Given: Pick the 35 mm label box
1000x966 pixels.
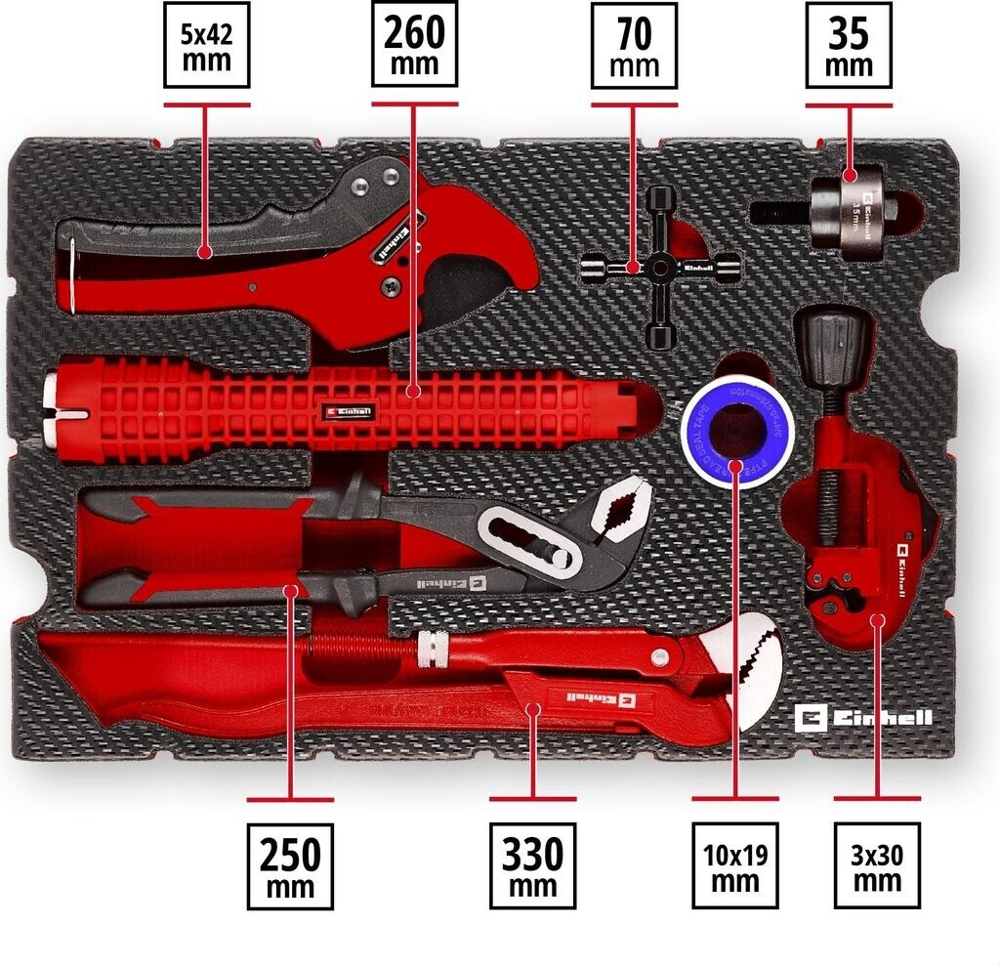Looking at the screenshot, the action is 848,45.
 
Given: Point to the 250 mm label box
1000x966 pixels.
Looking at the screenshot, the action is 290,865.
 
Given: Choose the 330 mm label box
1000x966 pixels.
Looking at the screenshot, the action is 532,865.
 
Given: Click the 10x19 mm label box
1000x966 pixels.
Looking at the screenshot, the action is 734,865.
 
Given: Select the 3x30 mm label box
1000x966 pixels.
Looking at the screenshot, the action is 876,865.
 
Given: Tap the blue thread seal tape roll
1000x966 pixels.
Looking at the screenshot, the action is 734,430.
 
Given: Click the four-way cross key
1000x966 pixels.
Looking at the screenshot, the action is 660,267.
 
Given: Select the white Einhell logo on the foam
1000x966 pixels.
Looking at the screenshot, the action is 863,719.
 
